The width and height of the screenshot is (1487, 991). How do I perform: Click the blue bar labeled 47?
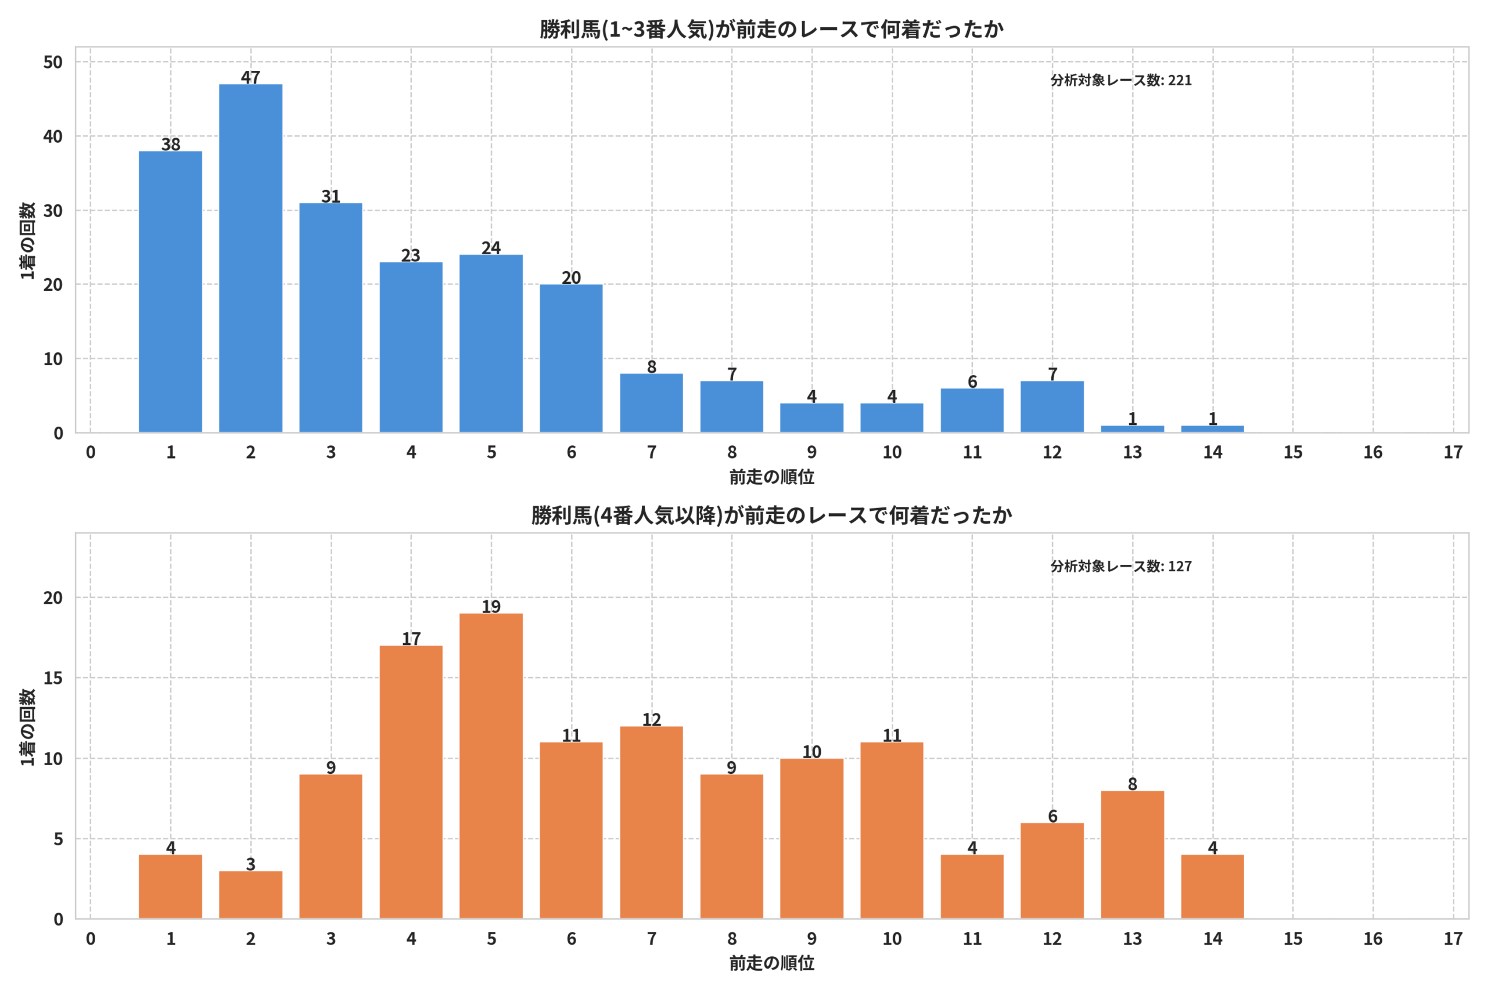point(250,258)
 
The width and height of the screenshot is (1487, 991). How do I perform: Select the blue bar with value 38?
point(171,292)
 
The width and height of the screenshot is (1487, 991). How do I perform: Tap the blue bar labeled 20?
point(571,358)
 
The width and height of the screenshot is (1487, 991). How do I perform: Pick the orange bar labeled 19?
point(491,766)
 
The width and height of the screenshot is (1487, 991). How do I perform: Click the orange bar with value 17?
point(411,783)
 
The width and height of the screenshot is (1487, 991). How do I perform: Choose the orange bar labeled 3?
point(250,895)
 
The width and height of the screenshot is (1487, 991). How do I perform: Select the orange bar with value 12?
point(651,823)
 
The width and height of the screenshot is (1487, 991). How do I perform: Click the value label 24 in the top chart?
point(491,248)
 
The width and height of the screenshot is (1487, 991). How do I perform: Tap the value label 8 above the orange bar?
point(1132,784)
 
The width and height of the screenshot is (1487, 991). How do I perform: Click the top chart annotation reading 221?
point(1180,80)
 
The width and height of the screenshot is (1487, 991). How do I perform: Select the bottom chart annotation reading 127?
point(1180,566)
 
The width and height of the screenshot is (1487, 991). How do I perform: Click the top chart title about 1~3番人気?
point(771,29)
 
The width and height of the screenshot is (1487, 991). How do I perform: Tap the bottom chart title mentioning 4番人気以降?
point(771,516)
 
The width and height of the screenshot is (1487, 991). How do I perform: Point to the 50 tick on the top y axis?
point(53,62)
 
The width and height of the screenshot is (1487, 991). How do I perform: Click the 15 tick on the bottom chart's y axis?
point(53,678)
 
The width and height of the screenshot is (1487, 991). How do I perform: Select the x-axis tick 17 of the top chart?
point(1453,452)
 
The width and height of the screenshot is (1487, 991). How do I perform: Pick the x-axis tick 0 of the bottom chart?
point(91,939)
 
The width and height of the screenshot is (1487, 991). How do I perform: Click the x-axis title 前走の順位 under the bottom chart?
point(771,963)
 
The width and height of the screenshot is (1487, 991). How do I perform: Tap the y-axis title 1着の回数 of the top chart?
point(27,240)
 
